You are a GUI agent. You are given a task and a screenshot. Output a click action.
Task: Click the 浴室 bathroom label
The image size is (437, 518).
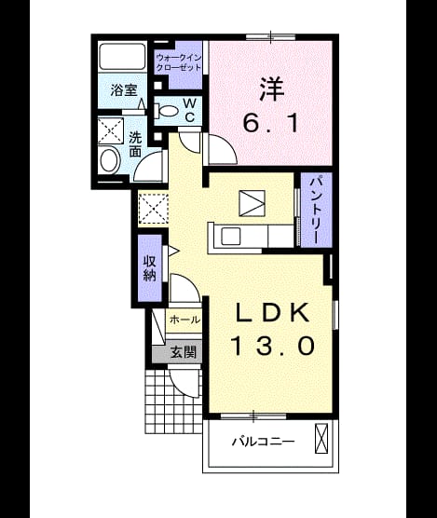(x=124, y=89)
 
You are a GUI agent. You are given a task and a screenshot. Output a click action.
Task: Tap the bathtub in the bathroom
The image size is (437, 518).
(x=123, y=57)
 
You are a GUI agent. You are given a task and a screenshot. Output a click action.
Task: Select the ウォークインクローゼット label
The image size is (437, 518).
(x=178, y=62)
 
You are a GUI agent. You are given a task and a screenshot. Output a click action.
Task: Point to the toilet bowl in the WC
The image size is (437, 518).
(x=168, y=110)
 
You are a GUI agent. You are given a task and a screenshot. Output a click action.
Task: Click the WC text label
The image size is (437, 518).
(x=189, y=110)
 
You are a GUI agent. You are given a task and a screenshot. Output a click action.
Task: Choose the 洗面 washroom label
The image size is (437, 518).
(x=135, y=144)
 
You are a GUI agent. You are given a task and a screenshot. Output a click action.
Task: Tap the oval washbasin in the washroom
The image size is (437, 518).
(x=110, y=161)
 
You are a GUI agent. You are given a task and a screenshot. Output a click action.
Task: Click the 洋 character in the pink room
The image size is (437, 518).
(x=272, y=89)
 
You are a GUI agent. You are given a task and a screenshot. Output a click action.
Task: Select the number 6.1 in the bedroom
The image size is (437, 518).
(x=271, y=122)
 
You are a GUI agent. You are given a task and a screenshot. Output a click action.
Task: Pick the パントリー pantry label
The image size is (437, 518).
(x=316, y=210)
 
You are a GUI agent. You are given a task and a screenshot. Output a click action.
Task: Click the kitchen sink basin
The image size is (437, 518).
(x=230, y=237)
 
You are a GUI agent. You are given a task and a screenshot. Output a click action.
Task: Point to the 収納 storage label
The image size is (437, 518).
(x=150, y=268)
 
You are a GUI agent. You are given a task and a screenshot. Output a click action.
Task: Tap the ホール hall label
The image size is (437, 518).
(x=184, y=320)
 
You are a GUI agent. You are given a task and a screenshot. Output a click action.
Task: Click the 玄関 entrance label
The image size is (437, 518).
(x=184, y=352)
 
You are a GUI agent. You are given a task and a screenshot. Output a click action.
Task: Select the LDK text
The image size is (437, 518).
(x=272, y=312)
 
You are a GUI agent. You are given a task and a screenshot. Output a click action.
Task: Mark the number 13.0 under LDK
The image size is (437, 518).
(x=273, y=346)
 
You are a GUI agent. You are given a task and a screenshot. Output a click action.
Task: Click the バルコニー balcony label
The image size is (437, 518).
(x=263, y=442)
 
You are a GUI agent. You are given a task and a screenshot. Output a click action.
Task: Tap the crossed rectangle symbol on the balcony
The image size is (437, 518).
(x=321, y=438)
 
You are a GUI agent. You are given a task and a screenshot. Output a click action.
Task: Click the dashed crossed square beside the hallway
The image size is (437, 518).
(x=153, y=209)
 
